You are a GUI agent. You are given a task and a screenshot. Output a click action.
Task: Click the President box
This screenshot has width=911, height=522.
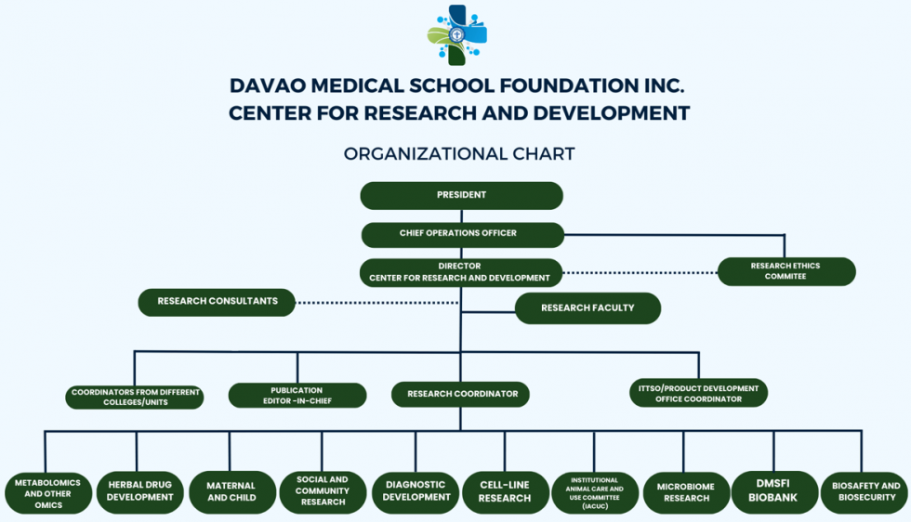(x=461, y=195)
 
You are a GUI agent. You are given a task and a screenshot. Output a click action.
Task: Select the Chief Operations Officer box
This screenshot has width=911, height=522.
(x=462, y=234)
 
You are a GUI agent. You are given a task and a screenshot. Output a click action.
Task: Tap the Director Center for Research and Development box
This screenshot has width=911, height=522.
(x=460, y=272)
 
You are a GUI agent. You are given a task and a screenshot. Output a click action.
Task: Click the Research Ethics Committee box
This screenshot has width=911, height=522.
(x=786, y=271)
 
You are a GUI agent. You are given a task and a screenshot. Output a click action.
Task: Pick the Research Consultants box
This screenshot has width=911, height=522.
(x=218, y=302)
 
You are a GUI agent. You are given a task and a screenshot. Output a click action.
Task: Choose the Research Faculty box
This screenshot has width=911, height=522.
(x=588, y=308)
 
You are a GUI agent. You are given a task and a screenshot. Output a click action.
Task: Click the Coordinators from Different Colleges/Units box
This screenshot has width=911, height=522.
(x=136, y=398)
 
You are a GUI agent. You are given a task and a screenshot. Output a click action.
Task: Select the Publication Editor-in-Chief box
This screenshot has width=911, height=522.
(x=297, y=396)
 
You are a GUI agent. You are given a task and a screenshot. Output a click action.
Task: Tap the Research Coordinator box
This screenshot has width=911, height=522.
(x=461, y=394)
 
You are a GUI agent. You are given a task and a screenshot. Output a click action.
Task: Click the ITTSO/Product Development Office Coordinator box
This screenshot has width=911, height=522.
(x=698, y=394)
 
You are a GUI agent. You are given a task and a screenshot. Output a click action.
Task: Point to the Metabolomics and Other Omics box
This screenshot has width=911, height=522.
(x=47, y=493)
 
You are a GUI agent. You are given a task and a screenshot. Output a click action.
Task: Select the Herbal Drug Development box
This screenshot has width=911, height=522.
(x=139, y=491)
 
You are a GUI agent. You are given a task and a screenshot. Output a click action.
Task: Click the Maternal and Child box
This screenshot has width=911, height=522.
(x=231, y=491)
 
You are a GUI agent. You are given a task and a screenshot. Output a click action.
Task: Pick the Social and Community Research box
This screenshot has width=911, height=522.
(x=323, y=491)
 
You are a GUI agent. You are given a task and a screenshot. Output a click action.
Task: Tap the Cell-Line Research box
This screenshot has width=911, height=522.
(x=505, y=492)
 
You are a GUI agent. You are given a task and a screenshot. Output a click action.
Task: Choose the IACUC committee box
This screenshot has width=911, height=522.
(x=595, y=492)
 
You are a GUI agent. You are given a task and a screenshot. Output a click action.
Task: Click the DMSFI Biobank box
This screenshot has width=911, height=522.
(x=774, y=491)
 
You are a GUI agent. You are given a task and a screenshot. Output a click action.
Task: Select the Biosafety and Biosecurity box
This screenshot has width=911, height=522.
(x=865, y=491)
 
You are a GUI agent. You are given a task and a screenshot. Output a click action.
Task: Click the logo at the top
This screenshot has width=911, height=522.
(x=457, y=35)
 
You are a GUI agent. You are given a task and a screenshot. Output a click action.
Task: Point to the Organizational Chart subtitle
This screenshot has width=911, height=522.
(x=459, y=154)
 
